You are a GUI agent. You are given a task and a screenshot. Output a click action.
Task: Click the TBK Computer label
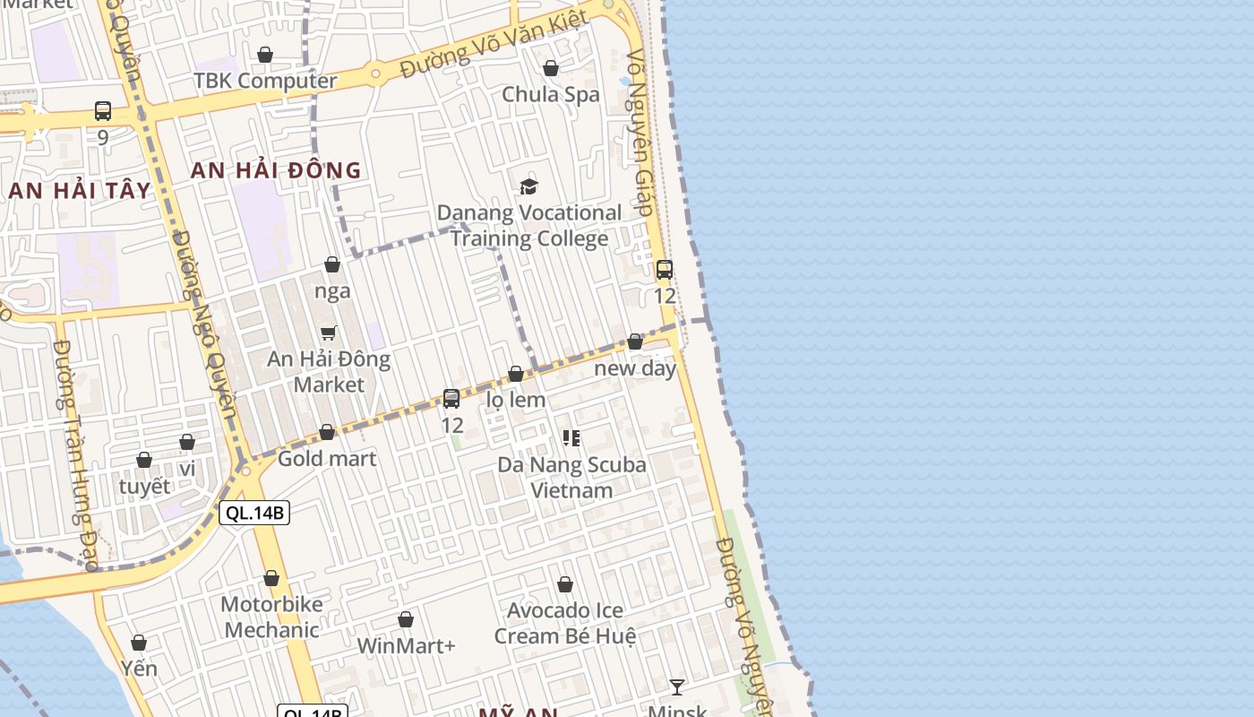pyautogui.click(x=265, y=81)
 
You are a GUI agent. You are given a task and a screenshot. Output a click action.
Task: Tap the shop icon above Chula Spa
pyautogui.click(x=551, y=68)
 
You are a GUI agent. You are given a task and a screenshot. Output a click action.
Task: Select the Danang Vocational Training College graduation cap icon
pyautogui.click(x=529, y=186)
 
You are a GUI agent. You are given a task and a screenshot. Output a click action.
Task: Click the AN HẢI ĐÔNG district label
pyautogui.click(x=276, y=170)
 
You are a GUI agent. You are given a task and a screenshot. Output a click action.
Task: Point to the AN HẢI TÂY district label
pyautogui.click(x=79, y=190)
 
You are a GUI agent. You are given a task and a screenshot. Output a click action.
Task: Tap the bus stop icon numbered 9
pyautogui.click(x=103, y=111)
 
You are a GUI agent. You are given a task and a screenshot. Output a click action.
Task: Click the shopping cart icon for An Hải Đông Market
pyautogui.click(x=329, y=333)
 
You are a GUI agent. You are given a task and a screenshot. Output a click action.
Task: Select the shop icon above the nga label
pyautogui.click(x=332, y=264)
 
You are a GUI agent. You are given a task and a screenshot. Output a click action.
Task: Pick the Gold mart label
pyautogui.click(x=327, y=459)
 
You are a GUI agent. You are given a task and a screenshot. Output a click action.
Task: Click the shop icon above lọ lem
pyautogui.click(x=516, y=374)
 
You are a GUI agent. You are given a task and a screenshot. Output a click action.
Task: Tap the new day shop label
pyautogui.click(x=635, y=368)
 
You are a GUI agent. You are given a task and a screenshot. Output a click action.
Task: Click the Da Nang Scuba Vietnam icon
pyautogui.click(x=571, y=438)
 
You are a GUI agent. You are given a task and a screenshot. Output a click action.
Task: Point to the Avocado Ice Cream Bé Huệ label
pyautogui.click(x=565, y=623)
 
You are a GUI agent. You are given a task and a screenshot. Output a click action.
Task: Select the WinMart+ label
pyautogui.click(x=406, y=645)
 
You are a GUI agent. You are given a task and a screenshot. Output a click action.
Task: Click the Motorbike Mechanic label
pyautogui.click(x=271, y=617)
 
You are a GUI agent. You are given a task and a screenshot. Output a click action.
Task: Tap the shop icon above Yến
pyautogui.click(x=139, y=643)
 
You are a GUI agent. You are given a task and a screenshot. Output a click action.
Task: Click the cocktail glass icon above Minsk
pyautogui.click(x=677, y=687)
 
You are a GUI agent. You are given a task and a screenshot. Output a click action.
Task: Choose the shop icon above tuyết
pyautogui.click(x=144, y=460)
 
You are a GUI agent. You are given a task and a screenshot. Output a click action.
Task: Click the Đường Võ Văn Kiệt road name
pyautogui.click(x=494, y=43)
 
